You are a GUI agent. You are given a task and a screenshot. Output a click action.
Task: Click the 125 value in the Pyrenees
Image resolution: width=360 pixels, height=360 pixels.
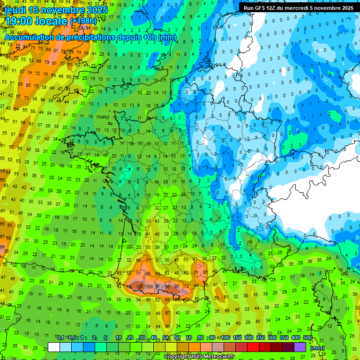140,286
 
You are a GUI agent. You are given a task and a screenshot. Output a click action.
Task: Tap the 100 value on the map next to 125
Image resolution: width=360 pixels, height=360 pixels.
150,286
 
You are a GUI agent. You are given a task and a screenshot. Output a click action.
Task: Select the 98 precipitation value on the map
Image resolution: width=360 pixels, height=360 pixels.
167,286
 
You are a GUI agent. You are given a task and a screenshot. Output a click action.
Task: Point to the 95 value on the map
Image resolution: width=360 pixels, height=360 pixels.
176,286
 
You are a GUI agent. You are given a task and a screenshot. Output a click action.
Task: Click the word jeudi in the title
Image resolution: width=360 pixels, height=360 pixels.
15,9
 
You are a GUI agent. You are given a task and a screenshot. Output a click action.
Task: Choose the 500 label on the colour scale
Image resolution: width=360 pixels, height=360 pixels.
307,337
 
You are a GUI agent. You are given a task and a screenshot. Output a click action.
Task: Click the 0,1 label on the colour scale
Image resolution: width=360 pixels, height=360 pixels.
60,337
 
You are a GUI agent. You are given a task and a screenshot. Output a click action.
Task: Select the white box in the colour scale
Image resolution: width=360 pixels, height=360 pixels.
54,347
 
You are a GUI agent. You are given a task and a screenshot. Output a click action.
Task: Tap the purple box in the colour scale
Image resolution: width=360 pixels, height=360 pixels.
300,347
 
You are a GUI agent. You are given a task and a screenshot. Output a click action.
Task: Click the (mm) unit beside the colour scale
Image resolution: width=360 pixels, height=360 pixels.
317,348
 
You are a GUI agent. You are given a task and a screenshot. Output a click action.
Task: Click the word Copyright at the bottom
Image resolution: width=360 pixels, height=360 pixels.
176,357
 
